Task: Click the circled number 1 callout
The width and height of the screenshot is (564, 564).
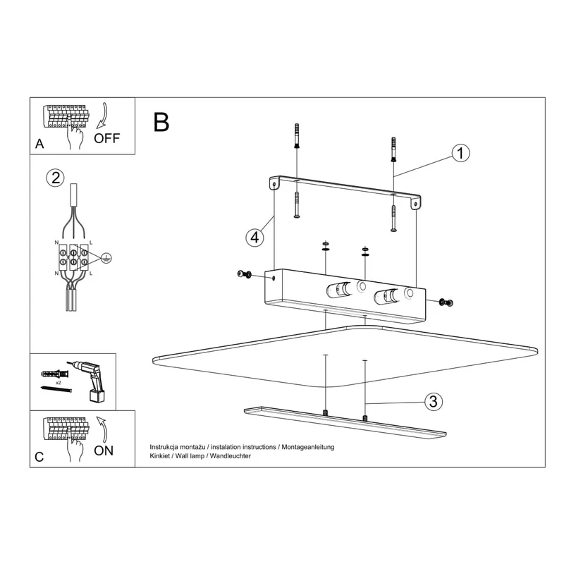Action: tap(460, 153)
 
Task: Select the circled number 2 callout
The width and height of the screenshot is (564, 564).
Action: tap(56, 178)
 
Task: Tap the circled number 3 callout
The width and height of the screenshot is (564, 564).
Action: tap(433, 401)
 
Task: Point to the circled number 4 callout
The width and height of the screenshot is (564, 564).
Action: tap(255, 238)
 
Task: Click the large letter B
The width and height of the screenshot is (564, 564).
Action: tap(161, 122)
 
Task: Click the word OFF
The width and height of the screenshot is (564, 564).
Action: tap(106, 138)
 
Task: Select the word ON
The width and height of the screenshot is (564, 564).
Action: tap(103, 450)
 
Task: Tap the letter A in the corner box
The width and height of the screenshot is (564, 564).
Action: tap(39, 144)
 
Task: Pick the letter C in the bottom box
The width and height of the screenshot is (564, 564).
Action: tap(39, 457)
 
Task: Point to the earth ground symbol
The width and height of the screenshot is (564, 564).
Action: tap(106, 258)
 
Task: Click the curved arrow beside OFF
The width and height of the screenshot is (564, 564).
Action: tap(102, 116)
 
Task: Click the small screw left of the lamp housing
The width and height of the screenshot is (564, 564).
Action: tap(244, 274)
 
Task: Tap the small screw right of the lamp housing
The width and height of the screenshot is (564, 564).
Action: tap(446, 303)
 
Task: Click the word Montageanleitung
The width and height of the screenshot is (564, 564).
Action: tap(308, 447)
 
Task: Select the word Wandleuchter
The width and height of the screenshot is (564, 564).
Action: tap(231, 456)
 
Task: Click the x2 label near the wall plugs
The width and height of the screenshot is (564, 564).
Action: tap(58, 383)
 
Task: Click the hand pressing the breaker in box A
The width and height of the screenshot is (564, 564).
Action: tap(75, 136)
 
